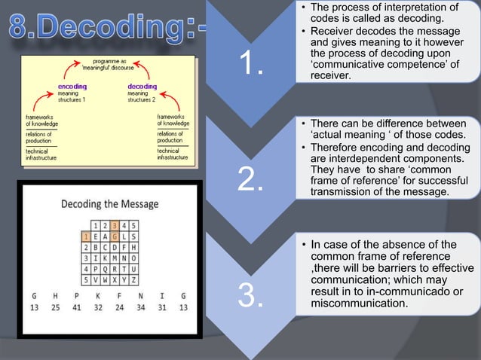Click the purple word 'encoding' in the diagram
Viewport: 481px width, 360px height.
tap(72, 87)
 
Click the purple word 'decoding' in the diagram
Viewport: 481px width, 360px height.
tap(142, 87)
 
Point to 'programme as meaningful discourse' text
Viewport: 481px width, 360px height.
tap(109, 63)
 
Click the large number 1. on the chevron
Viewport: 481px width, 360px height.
tap(251, 65)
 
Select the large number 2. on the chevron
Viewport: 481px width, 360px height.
tap(251, 180)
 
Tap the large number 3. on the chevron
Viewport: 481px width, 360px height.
tap(251, 297)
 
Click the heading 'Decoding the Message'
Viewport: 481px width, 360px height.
tap(109, 203)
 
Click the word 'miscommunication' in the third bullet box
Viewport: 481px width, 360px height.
tap(359, 304)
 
